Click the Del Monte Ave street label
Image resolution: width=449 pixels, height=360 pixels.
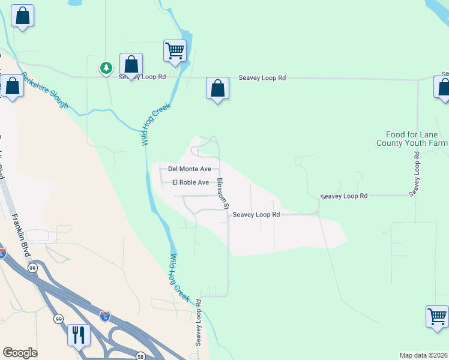point(190,169)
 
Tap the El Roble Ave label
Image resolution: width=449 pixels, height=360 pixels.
point(190,182)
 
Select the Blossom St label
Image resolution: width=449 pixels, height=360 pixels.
point(223,193)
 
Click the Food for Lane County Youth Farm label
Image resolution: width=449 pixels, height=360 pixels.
point(412,139)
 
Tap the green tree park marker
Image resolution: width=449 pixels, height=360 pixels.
point(106,68)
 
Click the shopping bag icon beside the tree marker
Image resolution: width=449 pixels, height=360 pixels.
point(131,65)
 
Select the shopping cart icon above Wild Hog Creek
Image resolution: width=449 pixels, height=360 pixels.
point(175,51)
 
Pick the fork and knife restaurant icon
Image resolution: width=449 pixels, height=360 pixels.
point(78,334)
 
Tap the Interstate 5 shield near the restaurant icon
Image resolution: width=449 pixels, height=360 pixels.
point(105,316)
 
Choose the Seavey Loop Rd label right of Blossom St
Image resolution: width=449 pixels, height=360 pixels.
point(256,214)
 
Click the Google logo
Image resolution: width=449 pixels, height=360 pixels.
point(20,353)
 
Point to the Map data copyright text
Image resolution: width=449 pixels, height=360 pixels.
point(424,355)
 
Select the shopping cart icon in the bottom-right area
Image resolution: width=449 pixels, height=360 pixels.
point(436,316)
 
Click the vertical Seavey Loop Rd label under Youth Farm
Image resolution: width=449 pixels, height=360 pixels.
point(414,173)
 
